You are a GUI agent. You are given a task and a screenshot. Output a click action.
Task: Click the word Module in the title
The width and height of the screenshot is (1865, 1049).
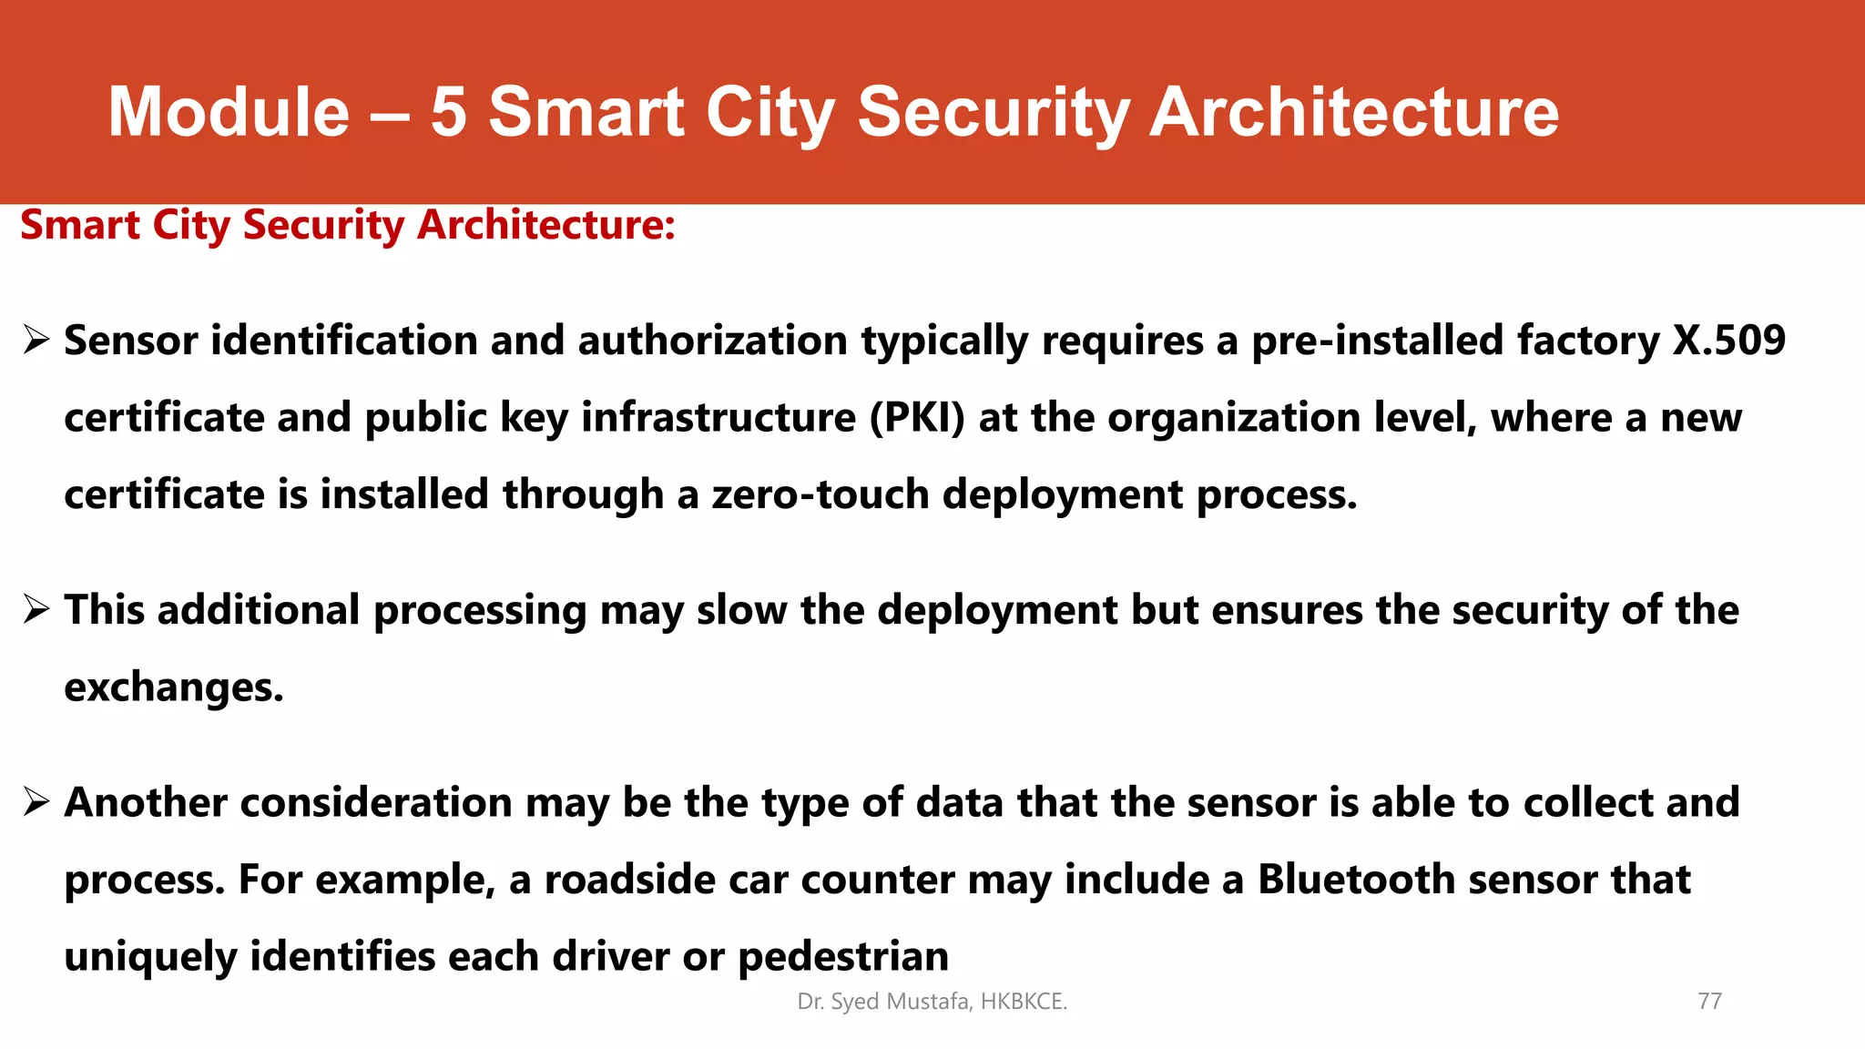click(229, 112)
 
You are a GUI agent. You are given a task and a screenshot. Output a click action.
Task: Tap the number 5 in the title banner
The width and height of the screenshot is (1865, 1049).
click(448, 112)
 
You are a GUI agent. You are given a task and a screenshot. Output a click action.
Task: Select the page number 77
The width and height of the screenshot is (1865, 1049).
click(1709, 1002)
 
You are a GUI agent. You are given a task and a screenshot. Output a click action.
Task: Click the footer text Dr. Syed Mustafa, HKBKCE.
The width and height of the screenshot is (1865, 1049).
click(932, 1002)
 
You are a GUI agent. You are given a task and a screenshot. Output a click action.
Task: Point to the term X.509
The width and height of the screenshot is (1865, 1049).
click(1729, 341)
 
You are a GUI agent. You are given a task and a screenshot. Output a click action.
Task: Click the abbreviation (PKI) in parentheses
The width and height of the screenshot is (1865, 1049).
click(917, 418)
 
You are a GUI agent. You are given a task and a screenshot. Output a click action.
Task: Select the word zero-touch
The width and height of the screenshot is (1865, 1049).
click(820, 494)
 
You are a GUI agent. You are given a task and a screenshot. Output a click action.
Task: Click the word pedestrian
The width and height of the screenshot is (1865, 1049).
click(842, 957)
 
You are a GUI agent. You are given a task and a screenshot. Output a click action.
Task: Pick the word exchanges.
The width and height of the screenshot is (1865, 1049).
click(173, 687)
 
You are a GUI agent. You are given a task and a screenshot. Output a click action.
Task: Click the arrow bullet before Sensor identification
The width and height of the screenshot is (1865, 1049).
click(36, 341)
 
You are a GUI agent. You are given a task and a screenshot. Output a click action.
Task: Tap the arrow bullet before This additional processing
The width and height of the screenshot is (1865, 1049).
click(36, 610)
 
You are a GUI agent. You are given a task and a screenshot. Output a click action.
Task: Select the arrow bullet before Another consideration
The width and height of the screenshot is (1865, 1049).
click(36, 803)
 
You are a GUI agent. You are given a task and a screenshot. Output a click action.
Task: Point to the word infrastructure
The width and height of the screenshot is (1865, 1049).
click(718, 418)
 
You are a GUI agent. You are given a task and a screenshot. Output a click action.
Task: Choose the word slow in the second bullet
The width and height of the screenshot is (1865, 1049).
click(741, 610)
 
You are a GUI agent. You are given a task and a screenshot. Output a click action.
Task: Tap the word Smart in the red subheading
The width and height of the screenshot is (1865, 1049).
click(80, 225)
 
